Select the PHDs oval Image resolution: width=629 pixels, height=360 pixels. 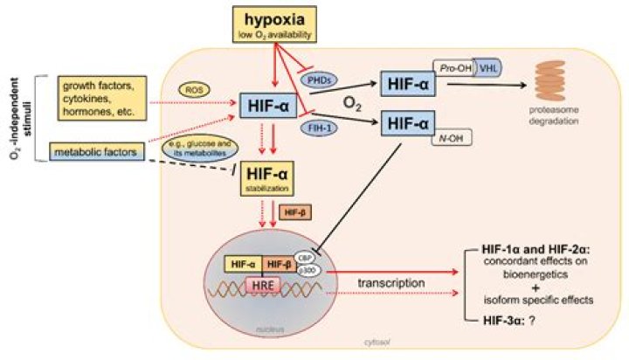pyautogui.click(x=320, y=79)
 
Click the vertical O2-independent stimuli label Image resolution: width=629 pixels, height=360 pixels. pyautogui.click(x=14, y=119)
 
